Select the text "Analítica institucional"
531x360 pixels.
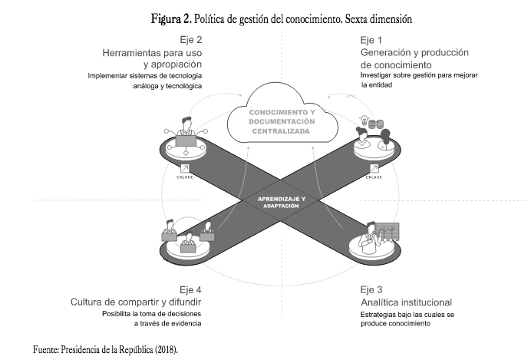[406, 302]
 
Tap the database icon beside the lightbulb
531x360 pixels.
[377, 123]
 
